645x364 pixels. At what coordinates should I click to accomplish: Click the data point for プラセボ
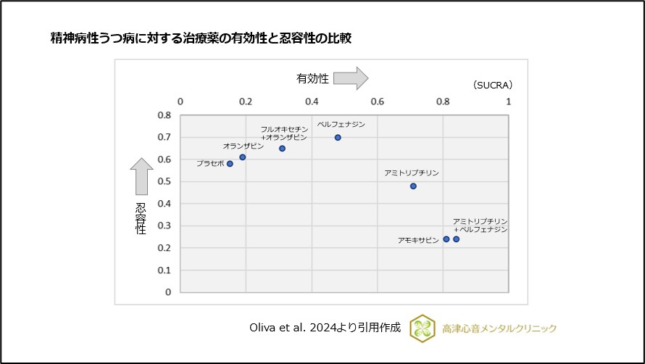tap(230, 164)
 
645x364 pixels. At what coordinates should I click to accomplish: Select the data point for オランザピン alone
tap(243, 157)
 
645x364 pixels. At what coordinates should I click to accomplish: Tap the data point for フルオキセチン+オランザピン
tap(282, 149)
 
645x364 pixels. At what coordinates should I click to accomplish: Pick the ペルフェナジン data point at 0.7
tap(338, 137)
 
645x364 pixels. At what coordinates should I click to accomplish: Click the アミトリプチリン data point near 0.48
tap(413, 186)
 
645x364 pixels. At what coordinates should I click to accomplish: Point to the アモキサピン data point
tap(446, 239)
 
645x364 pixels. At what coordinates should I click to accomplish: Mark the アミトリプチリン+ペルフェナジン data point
tap(456, 239)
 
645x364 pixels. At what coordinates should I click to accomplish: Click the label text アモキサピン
tap(418, 239)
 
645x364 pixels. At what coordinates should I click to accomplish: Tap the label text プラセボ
tap(210, 164)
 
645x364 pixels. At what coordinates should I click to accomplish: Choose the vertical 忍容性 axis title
tap(141, 218)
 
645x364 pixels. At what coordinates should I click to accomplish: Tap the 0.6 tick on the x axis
tap(378, 101)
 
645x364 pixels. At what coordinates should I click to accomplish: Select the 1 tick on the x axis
tap(509, 101)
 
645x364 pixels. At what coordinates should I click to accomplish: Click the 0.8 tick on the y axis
tap(164, 115)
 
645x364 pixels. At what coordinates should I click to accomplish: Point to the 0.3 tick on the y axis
tap(164, 226)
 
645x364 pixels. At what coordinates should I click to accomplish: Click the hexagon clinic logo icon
tap(422, 328)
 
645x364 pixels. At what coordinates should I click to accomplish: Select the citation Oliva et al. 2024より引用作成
tap(324, 328)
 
